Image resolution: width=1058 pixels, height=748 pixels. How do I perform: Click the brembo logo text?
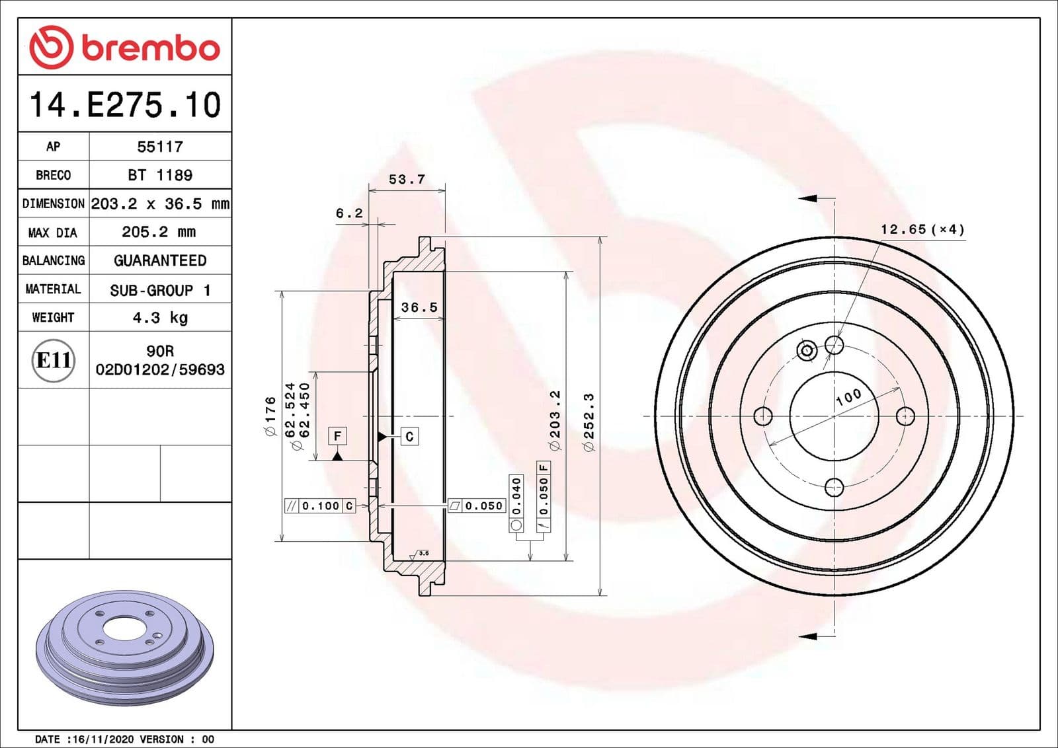point(150,48)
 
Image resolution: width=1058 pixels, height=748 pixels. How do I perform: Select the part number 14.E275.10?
point(125,105)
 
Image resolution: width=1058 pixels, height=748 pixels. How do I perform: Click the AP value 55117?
point(160,147)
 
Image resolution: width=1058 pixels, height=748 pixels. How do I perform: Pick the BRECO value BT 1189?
point(160,175)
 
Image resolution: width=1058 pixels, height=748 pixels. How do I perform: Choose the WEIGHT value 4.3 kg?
point(160,318)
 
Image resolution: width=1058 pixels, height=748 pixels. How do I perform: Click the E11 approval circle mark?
point(54,360)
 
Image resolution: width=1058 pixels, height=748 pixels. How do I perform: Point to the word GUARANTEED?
point(160,260)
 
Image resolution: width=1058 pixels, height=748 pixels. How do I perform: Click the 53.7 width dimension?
point(407,180)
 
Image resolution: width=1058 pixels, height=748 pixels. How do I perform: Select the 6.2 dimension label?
point(349,213)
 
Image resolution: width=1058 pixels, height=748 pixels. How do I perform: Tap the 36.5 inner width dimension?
point(419,307)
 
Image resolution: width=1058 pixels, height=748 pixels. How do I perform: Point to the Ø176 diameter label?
point(270,416)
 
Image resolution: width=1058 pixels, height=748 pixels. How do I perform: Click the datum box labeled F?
point(337,436)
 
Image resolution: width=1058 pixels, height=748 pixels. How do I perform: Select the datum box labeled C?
point(409,436)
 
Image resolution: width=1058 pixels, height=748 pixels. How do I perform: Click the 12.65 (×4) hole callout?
point(922,229)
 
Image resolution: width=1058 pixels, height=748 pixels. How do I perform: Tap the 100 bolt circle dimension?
point(848,396)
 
